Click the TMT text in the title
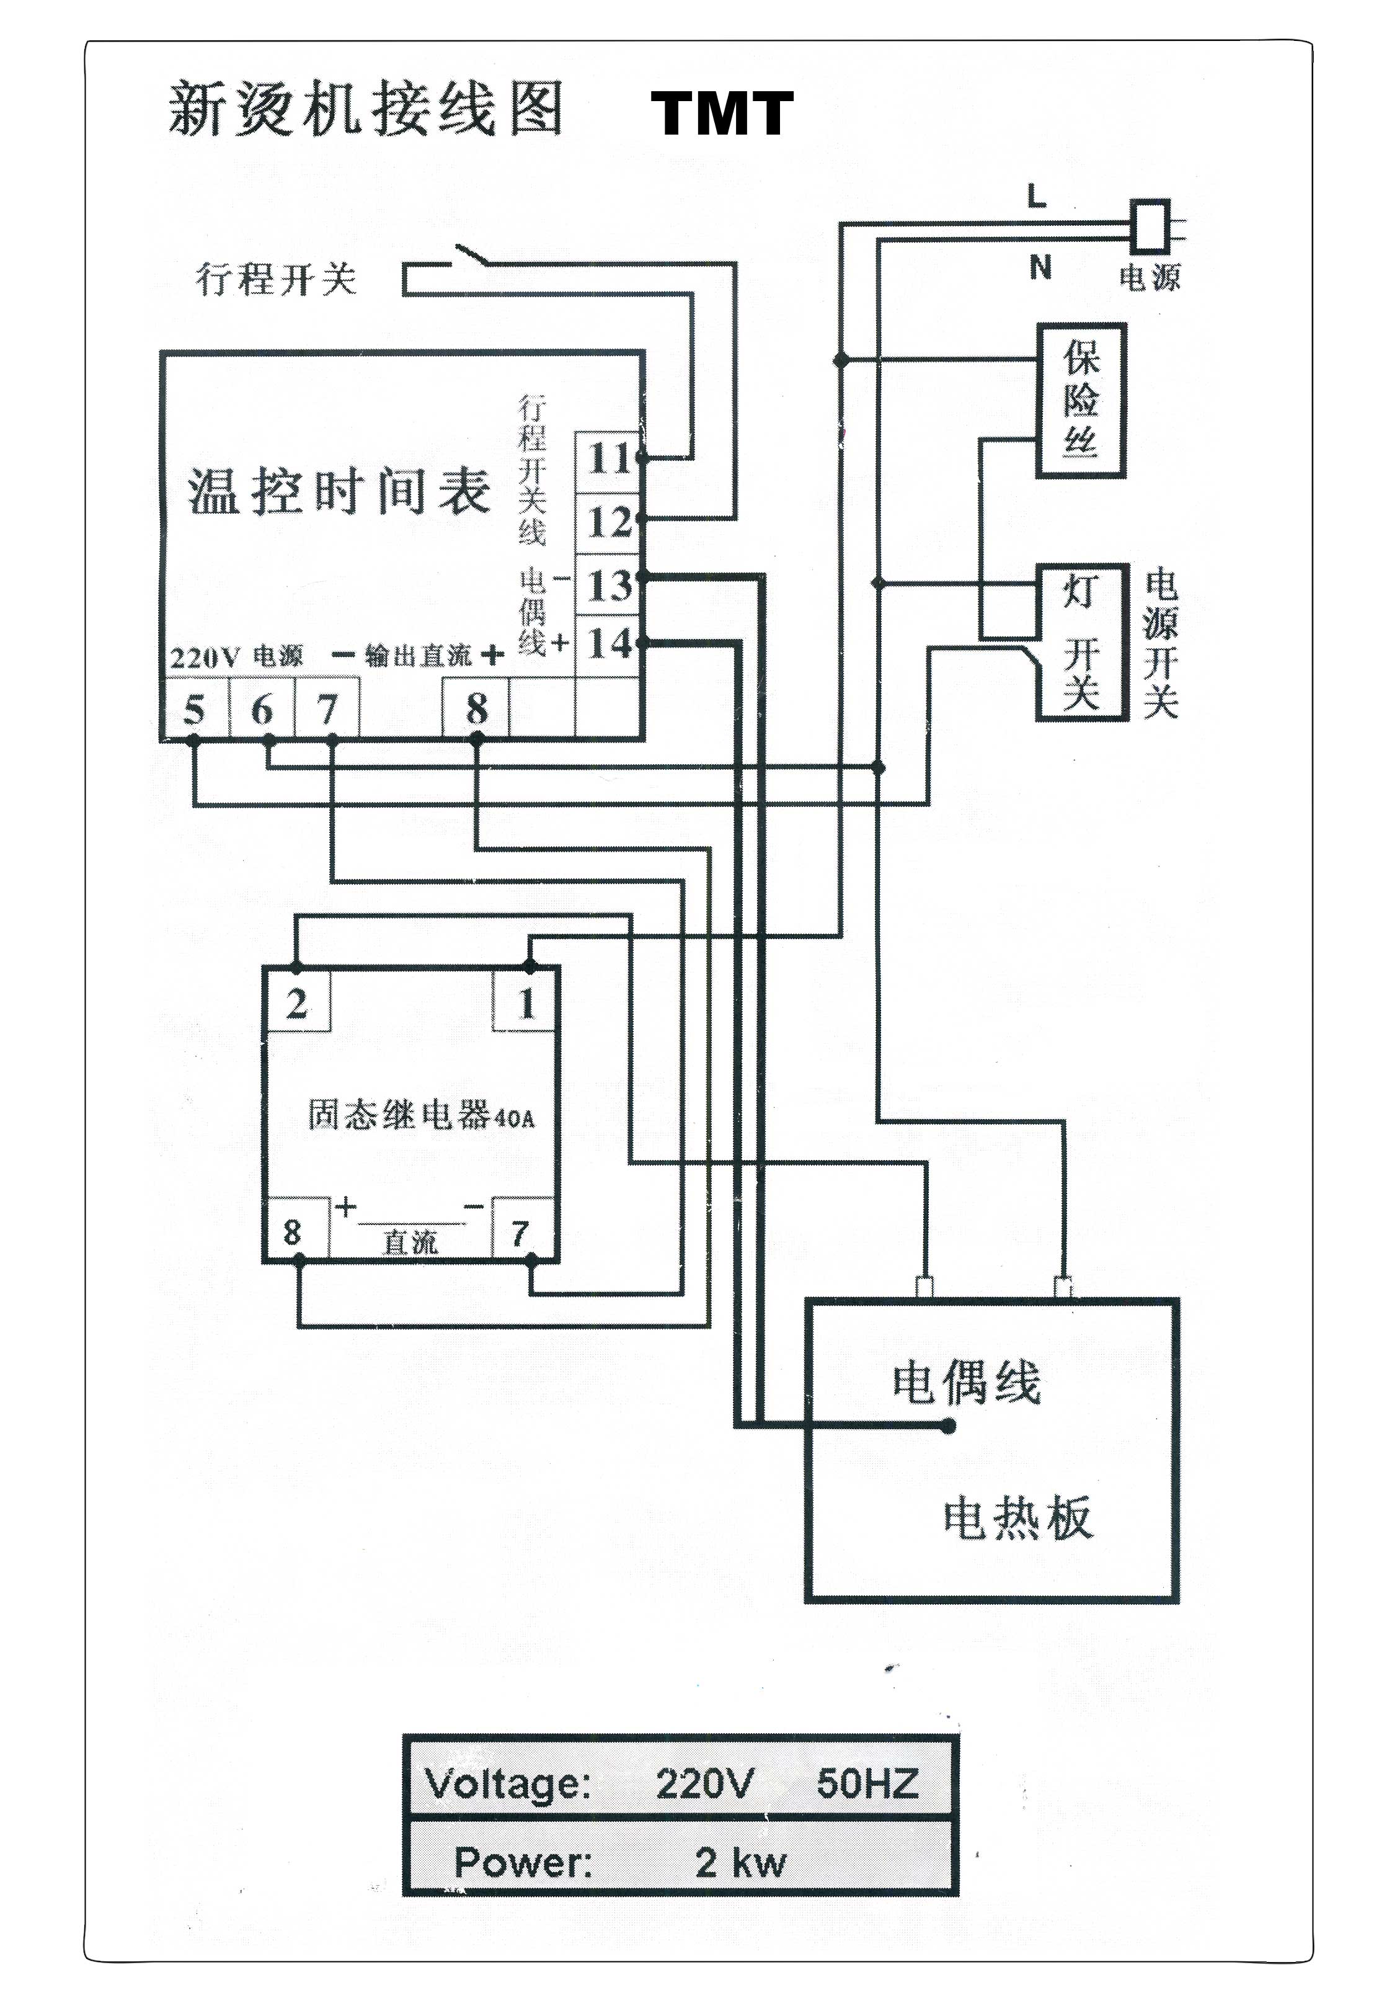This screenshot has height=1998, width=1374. [x=722, y=115]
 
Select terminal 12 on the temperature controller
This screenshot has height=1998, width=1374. [x=610, y=522]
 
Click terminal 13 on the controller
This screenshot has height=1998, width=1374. [x=610, y=586]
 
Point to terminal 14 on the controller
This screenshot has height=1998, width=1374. [x=610, y=643]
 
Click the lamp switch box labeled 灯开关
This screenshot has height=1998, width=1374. [x=1081, y=641]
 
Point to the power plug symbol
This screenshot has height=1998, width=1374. [x=1152, y=226]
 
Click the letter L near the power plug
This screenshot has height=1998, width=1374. [x=1037, y=197]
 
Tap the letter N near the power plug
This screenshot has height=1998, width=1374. [x=1040, y=268]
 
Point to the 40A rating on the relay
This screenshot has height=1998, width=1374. [x=515, y=1118]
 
